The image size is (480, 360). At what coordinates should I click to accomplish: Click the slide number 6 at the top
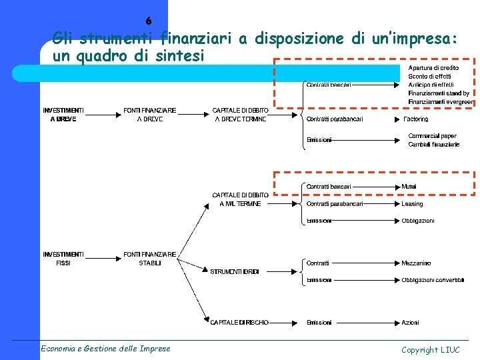click(149, 21)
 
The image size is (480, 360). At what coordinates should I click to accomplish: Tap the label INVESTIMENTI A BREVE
click(63, 114)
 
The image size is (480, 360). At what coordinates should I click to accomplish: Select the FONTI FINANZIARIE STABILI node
click(150, 259)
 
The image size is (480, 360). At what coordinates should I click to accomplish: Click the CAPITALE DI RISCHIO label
click(239, 323)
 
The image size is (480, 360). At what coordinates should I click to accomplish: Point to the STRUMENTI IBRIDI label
click(234, 272)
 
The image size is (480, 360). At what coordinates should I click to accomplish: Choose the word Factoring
click(416, 119)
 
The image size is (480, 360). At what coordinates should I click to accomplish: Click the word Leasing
click(412, 204)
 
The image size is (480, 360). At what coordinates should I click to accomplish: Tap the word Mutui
click(409, 187)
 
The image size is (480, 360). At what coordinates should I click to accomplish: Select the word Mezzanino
click(416, 263)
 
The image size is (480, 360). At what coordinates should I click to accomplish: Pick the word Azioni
click(410, 323)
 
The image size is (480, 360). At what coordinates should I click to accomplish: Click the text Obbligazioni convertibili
click(433, 280)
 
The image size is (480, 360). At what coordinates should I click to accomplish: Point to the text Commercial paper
click(433, 136)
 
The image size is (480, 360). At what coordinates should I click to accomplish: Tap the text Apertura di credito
click(433, 68)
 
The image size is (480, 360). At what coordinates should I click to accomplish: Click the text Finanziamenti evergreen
click(441, 102)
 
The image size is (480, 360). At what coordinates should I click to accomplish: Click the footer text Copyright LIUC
click(430, 349)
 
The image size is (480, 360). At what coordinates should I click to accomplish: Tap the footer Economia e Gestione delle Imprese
click(105, 348)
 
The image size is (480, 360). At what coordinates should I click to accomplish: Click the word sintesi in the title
click(177, 56)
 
